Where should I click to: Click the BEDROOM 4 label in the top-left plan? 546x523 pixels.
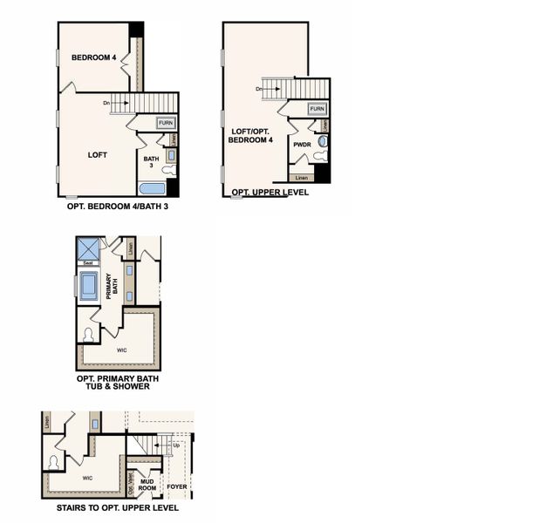pos(94,58)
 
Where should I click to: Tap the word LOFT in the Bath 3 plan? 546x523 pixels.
pos(98,154)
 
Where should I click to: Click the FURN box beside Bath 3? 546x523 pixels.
pos(166,123)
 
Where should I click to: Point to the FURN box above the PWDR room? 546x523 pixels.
pos(317,109)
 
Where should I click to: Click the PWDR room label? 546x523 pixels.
pos(303,145)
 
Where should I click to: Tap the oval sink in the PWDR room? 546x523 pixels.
pos(322,140)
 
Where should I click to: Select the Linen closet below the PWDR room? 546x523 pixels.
pos(302,178)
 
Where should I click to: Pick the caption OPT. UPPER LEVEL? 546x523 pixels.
pos(270,193)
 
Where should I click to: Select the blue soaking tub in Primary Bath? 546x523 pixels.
pos(89,287)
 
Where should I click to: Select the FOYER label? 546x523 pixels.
pos(177,486)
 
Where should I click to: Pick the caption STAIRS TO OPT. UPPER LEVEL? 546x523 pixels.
pos(118,507)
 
